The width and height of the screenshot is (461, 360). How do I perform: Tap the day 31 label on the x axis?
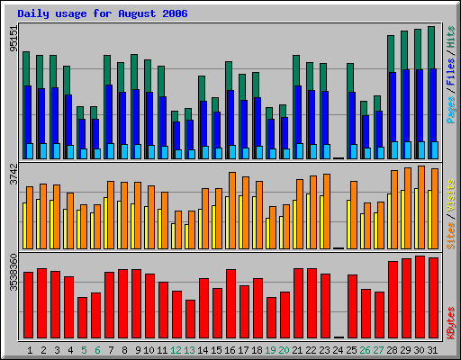click(433, 349)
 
